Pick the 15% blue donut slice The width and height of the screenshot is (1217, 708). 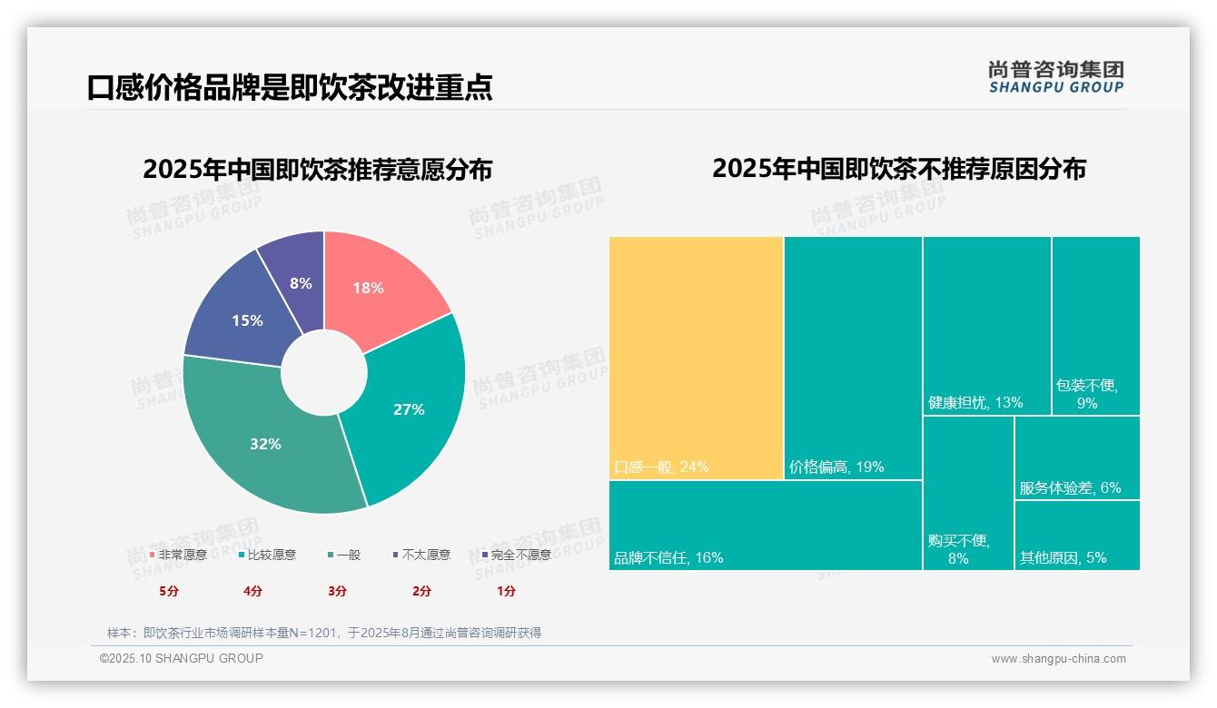coord(241,313)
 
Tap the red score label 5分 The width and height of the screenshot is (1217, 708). coord(169,591)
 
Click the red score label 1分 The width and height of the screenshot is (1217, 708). coord(506,591)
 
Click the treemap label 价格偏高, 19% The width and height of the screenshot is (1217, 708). coord(836,467)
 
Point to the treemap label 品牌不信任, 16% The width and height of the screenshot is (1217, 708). coord(668,558)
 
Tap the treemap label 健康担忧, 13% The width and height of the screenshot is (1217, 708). coord(975,402)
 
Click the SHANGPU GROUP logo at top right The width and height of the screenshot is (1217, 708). coord(1055,77)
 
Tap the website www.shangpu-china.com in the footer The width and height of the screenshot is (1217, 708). coord(1058,659)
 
